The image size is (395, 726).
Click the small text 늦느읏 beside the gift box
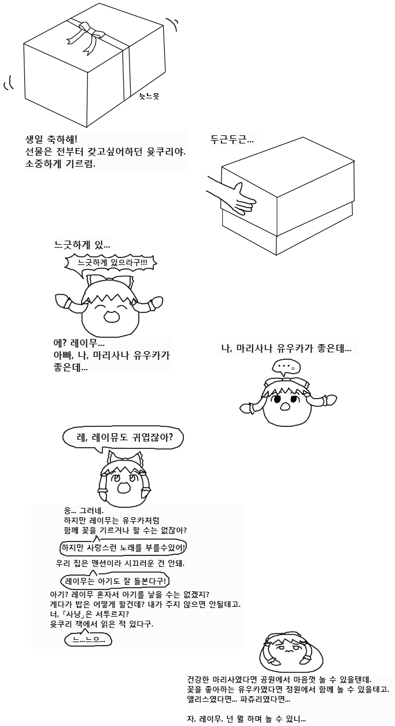pyautogui.click(x=149, y=96)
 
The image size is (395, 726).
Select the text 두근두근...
pyautogui.click(x=232, y=140)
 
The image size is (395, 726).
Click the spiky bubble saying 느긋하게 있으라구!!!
pyautogui.click(x=111, y=263)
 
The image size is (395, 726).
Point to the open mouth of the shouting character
pyautogui.click(x=112, y=316)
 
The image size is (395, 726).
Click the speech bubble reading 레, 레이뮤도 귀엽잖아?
pyautogui.click(x=123, y=438)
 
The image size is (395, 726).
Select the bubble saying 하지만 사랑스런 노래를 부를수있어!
pyautogui.click(x=123, y=547)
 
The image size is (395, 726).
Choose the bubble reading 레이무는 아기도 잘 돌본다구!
pyautogui.click(x=115, y=581)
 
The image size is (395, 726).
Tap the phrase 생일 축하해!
pyautogui.click(x=51, y=139)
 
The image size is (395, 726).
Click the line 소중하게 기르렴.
pyautogui.click(x=60, y=163)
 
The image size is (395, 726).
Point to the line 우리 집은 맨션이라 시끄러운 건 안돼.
pyautogui.click(x=120, y=563)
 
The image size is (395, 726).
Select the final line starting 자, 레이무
pyautogui.click(x=246, y=718)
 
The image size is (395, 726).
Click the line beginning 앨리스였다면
pyautogui.click(x=238, y=699)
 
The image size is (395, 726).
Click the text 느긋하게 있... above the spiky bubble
pyautogui.click(x=82, y=245)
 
